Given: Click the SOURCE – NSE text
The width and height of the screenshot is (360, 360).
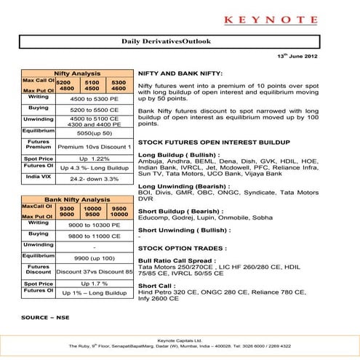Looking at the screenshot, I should (x=44, y=319).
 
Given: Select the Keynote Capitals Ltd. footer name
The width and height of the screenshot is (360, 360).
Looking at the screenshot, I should (x=180, y=340).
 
